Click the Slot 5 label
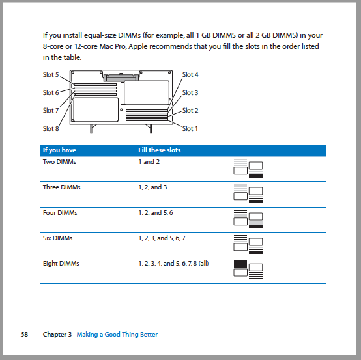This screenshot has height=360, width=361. [51, 74]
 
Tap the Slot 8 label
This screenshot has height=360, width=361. [51, 129]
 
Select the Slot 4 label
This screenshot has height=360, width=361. [190, 74]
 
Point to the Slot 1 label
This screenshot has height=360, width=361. [190, 129]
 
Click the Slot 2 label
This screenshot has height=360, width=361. [190, 111]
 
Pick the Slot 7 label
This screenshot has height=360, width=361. [51, 111]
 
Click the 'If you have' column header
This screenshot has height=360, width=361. [59, 150]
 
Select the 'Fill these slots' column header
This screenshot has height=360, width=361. [159, 150]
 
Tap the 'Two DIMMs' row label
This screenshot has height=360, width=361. [59, 162]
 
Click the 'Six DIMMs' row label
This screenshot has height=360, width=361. [57, 238]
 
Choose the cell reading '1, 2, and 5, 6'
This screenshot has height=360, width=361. [156, 213]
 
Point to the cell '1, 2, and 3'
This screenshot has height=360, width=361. [152, 187]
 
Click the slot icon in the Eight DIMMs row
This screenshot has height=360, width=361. [248, 270]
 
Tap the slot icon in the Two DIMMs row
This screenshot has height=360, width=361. [248, 168]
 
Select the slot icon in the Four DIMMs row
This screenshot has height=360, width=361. [248, 219]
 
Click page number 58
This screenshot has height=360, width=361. [24, 335]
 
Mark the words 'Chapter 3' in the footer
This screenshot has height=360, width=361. [57, 335]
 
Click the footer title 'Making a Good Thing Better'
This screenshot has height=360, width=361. [117, 335]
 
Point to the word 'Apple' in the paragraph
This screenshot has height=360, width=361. [137, 47]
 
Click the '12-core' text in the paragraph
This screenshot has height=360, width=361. [85, 46]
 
